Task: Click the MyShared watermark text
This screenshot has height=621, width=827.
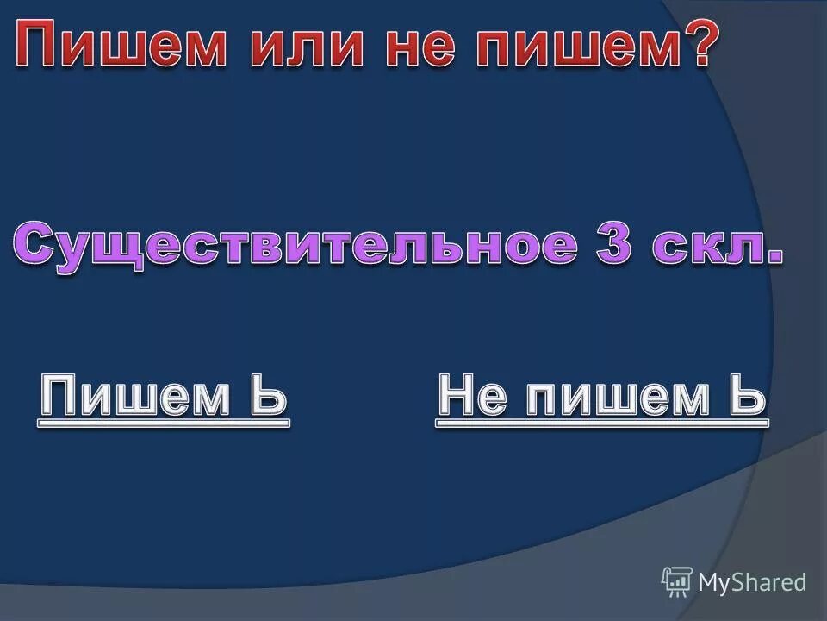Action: point(752,582)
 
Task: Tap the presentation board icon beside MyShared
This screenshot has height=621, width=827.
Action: point(677,581)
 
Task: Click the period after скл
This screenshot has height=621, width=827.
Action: point(777,258)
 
